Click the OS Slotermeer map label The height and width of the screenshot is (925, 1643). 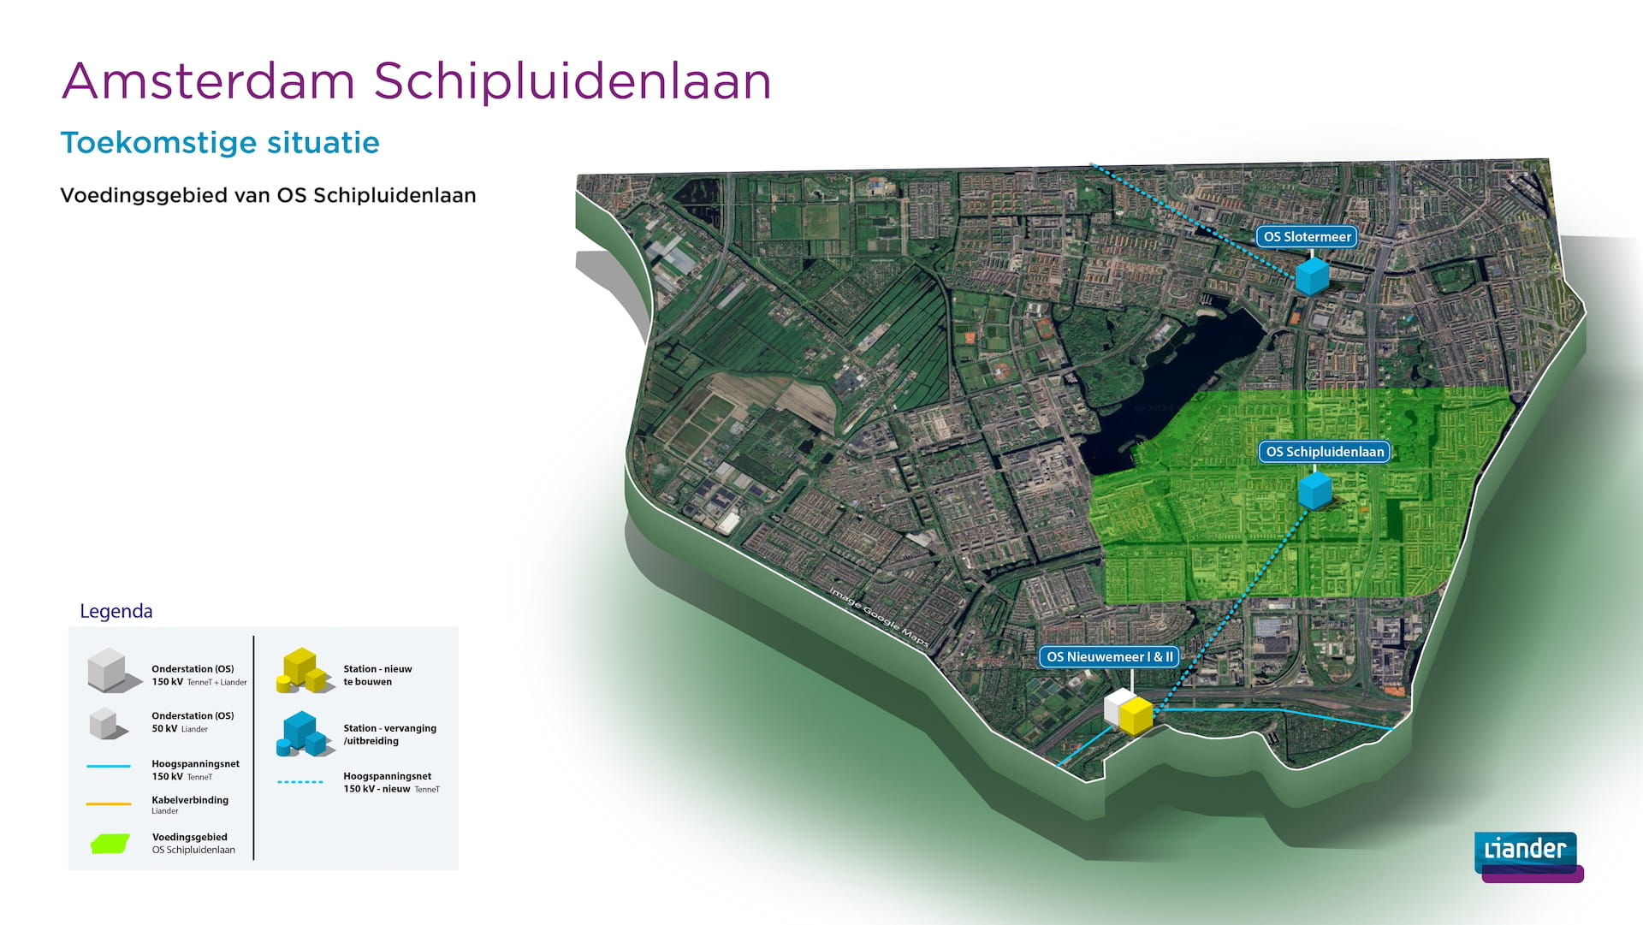tap(1307, 237)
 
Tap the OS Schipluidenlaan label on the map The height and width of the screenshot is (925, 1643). tap(1324, 452)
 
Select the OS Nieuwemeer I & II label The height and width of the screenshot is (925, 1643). tap(1109, 657)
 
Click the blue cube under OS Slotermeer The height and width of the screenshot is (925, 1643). tap(1312, 276)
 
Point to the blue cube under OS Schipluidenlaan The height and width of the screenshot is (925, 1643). tap(1314, 490)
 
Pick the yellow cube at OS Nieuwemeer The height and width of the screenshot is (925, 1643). tap(1136, 716)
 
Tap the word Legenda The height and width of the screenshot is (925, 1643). tap(116, 611)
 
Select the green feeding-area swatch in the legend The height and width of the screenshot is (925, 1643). tap(110, 844)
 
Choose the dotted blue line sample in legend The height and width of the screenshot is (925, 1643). tap(300, 782)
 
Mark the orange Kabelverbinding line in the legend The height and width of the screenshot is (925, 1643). tap(109, 804)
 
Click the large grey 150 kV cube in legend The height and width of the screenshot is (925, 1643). tap(110, 670)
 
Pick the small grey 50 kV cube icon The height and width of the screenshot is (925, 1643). tap(104, 723)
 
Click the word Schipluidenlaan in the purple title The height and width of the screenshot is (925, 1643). tap(572, 81)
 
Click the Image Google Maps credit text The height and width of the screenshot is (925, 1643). tap(879, 617)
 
